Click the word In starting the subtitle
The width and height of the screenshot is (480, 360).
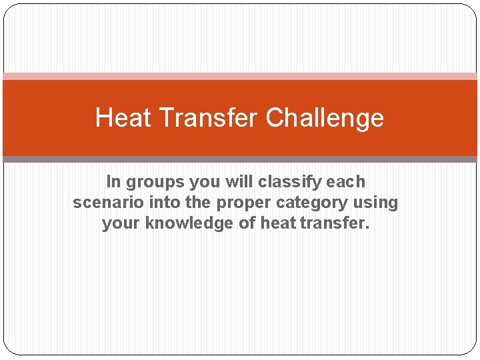(113, 181)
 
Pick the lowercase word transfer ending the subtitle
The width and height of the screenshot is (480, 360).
(334, 223)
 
